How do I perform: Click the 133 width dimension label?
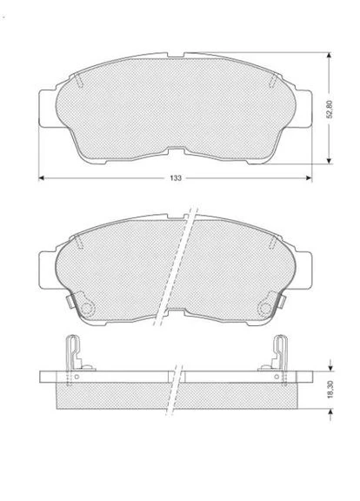click(x=176, y=178)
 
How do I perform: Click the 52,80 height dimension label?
click(x=330, y=110)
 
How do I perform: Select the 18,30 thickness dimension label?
click(x=330, y=389)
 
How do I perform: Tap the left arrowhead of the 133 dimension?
click(x=41, y=178)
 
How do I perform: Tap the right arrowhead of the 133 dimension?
click(x=309, y=178)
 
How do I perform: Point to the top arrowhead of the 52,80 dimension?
click(x=329, y=56)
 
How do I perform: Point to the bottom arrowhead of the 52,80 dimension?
click(x=329, y=161)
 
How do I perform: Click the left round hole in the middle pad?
click(x=87, y=309)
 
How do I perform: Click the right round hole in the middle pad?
click(x=265, y=309)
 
